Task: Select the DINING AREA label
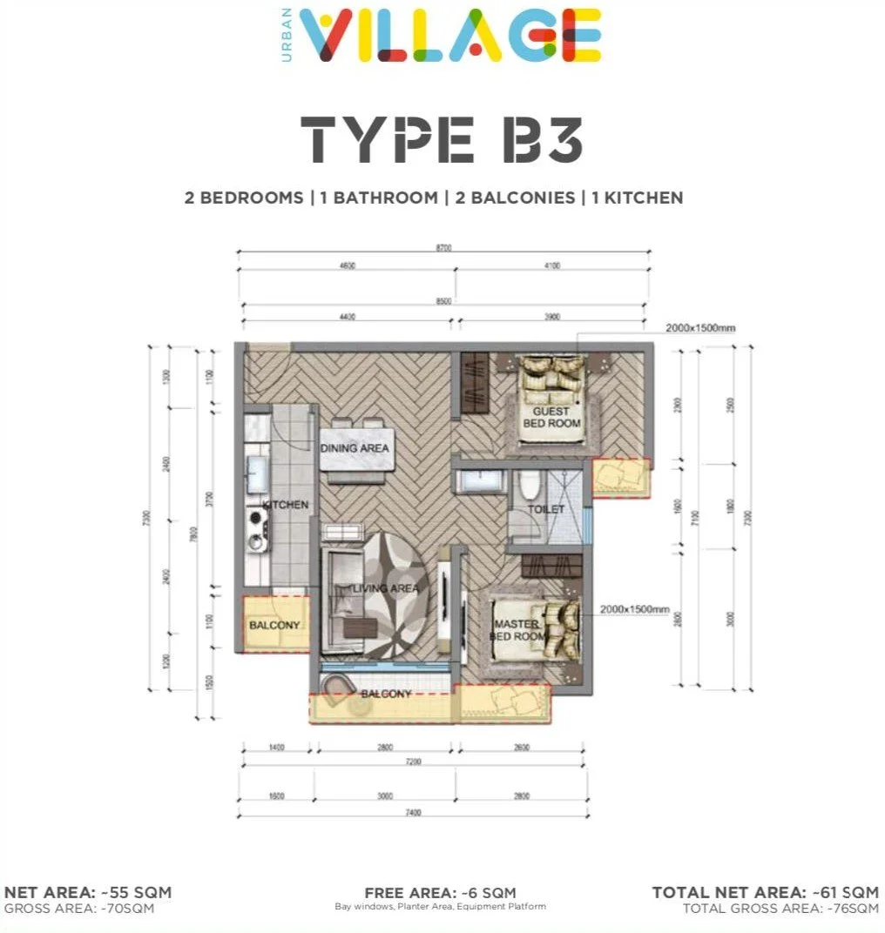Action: point(355,448)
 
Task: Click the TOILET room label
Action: point(546,509)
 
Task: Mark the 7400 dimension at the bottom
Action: point(413,812)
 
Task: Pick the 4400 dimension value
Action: point(347,318)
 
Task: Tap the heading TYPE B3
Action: point(442,139)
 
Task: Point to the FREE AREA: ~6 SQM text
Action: point(440,892)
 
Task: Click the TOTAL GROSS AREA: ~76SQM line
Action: point(780,908)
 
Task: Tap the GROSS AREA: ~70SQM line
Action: point(79,908)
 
